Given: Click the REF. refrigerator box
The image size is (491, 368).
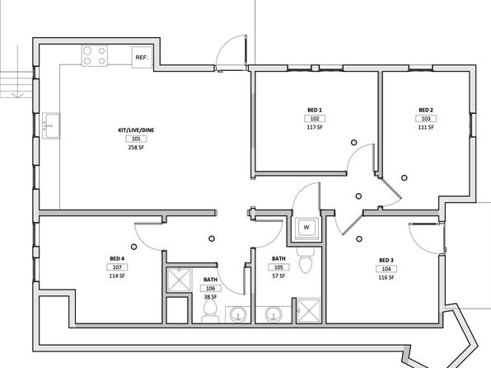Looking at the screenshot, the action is (x=143, y=57).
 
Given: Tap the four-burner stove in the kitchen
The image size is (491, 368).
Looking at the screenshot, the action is (x=95, y=56).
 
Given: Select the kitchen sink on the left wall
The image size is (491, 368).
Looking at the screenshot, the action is (x=51, y=125).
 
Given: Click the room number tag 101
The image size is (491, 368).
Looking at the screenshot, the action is (x=136, y=139).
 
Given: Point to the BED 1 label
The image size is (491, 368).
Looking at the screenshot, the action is (x=315, y=110).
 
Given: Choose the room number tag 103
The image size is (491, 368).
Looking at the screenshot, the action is (x=426, y=119).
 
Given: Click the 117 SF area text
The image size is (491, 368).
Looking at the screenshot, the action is (x=315, y=127).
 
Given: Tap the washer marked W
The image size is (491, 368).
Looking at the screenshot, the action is (x=306, y=228).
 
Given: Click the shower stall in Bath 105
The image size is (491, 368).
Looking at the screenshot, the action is (x=309, y=310).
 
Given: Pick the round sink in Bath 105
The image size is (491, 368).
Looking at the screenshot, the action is (x=274, y=314).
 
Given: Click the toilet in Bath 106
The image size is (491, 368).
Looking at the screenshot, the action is (x=210, y=310).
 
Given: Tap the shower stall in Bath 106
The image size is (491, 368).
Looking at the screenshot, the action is (x=179, y=280).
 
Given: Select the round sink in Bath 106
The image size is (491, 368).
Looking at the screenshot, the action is (x=238, y=314).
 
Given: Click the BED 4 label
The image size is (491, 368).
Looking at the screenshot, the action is (x=117, y=259).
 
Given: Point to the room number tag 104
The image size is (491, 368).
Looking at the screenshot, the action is (x=386, y=269).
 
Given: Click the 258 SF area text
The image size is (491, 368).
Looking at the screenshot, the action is (x=136, y=148).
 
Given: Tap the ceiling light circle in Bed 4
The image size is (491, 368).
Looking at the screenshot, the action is (x=134, y=247).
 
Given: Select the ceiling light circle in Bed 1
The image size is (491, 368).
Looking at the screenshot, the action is (x=354, y=143).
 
